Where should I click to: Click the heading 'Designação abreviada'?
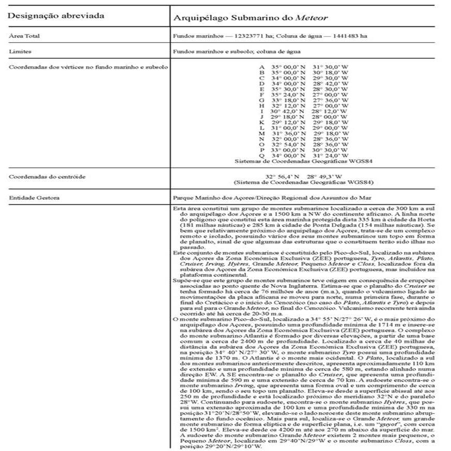tap(56, 15)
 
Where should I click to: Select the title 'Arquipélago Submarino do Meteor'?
tap(250, 18)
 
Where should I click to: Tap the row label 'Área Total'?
tap(24, 36)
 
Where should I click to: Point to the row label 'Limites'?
tap(20, 52)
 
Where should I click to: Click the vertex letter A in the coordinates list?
tap(262, 67)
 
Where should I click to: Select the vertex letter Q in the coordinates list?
tap(262, 155)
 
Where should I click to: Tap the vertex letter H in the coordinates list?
tap(262, 106)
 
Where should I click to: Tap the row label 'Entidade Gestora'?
tap(34, 197)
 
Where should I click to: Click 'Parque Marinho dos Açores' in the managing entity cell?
tap(207, 197)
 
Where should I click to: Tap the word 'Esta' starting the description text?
tap(178, 208)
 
